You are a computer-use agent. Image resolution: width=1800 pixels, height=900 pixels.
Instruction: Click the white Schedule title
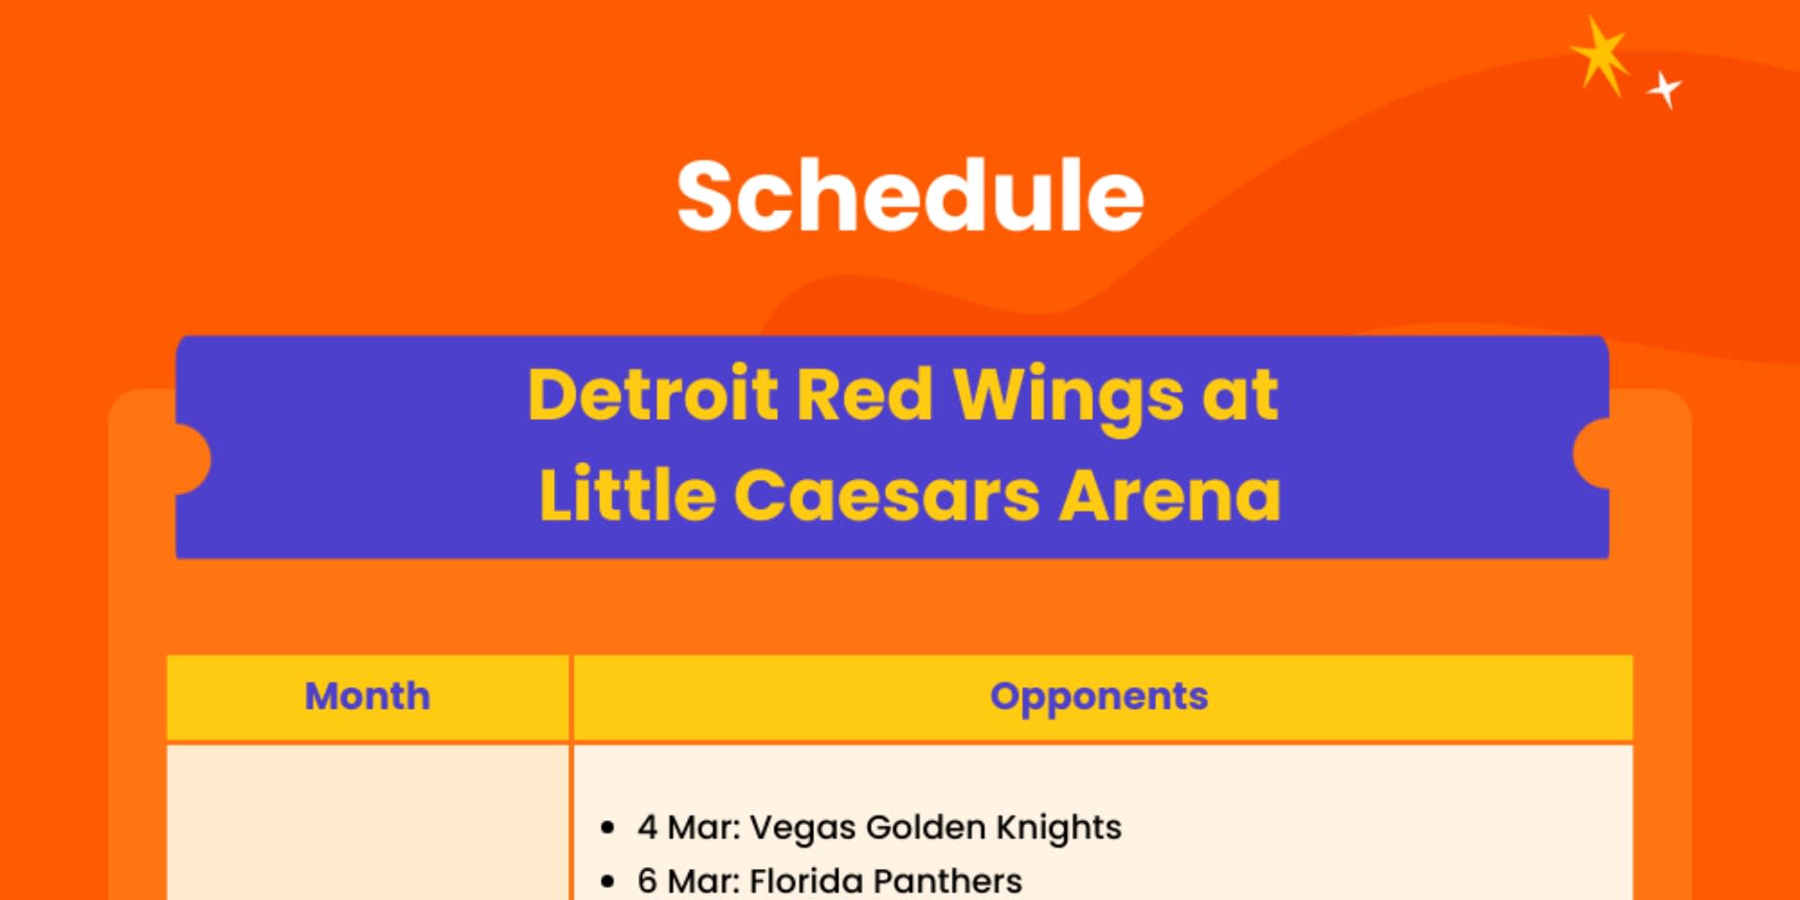pos(910,195)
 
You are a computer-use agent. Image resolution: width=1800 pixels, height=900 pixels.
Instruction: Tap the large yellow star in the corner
pos(1600,56)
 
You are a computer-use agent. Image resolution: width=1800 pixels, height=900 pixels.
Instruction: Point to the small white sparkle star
pos(1666,90)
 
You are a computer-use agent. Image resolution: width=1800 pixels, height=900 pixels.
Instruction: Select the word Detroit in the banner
pos(652,394)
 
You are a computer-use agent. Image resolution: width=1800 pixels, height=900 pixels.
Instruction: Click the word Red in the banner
pos(863,394)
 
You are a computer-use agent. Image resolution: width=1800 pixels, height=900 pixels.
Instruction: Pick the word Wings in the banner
pos(1068,397)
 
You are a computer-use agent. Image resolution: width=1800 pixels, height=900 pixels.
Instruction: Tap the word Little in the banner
pos(627,493)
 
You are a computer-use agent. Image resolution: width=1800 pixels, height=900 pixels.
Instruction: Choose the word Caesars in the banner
pos(886,494)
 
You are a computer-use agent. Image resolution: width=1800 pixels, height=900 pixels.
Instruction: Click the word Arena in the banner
pos(1169,494)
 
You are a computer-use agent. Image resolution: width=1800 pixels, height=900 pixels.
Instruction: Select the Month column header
pos(367,697)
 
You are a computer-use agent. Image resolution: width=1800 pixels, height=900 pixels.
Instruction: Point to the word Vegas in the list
pos(802,827)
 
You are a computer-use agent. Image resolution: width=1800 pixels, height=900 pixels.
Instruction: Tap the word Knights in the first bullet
pos(1058,827)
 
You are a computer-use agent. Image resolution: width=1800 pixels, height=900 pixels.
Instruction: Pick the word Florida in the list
pos(806,881)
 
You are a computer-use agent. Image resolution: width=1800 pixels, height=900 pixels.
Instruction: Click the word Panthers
pos(947,881)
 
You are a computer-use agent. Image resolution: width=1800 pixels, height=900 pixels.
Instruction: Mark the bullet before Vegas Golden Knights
pos(607,828)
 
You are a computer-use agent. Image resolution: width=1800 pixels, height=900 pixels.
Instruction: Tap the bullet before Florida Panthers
pos(607,881)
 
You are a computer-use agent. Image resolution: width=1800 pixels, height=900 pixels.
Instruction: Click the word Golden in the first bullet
pos(925,827)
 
